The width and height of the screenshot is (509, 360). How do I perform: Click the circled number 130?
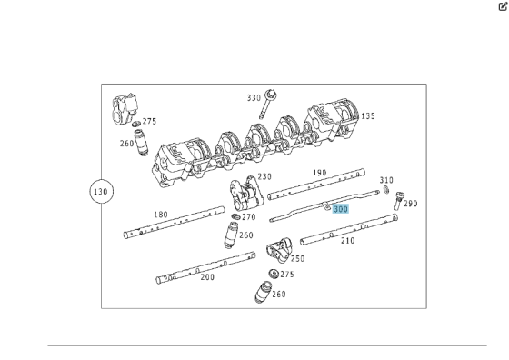tap(101, 192)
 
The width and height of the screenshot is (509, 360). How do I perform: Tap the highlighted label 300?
tap(341, 209)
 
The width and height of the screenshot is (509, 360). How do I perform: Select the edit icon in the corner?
tap(503, 6)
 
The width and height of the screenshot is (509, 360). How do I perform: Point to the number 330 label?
tap(254, 97)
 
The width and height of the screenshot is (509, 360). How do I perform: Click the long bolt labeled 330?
tap(266, 104)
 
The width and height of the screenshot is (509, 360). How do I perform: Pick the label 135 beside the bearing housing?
tap(368, 115)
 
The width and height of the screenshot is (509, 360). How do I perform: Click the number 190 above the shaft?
tap(319, 173)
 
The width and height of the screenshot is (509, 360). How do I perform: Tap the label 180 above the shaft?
tap(161, 215)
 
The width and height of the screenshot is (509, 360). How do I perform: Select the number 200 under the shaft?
tap(207, 277)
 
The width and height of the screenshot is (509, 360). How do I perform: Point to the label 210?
tap(347, 241)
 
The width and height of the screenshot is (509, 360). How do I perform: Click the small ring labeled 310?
tap(386, 190)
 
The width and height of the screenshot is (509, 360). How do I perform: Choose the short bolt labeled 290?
tap(398, 201)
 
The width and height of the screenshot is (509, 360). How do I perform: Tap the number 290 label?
tap(411, 204)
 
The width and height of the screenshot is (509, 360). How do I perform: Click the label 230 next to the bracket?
tap(264, 176)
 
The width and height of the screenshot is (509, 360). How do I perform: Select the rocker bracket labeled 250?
tap(279, 250)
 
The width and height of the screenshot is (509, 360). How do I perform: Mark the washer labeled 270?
tap(236, 216)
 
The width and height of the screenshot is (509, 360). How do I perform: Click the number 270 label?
tap(249, 217)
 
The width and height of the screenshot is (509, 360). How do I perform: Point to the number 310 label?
tap(386, 180)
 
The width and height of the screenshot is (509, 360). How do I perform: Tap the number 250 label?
tap(297, 259)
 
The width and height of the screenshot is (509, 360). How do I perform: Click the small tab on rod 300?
tap(325, 205)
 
